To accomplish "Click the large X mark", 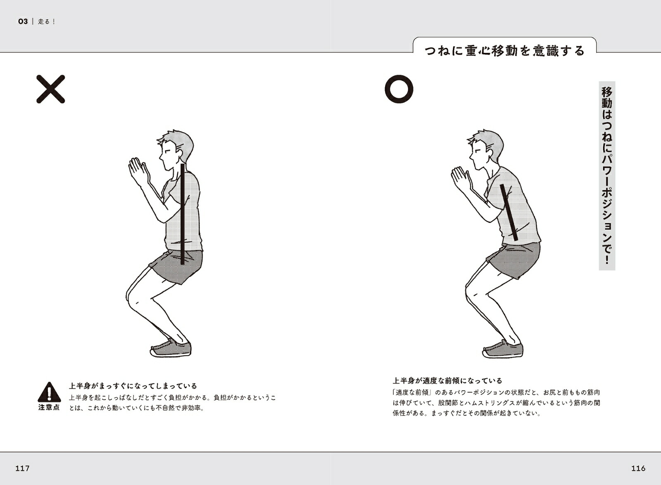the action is point(50,89).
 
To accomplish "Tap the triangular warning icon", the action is point(49,392).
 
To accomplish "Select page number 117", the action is point(22,468).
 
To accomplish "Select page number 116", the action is point(638,468).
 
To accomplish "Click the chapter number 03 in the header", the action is point(23,21).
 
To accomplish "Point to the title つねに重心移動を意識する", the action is point(504,51).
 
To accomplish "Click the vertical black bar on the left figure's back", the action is point(183,214).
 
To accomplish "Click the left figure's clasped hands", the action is point(138,171).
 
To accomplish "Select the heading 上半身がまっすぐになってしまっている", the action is point(133,386).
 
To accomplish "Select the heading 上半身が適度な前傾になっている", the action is point(447,381).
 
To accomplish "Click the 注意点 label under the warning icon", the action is point(49,407).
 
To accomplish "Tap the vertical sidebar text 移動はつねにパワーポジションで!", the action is point(607,175).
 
